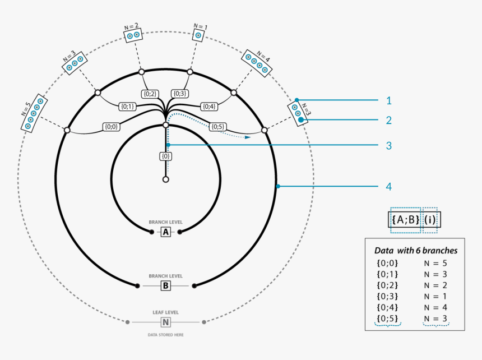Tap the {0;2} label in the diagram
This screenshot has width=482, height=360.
click(150, 94)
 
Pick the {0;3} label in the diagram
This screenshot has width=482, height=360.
click(180, 94)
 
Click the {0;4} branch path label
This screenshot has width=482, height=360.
click(209, 106)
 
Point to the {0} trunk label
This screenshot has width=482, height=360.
click(166, 156)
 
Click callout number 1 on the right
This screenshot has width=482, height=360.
click(388, 101)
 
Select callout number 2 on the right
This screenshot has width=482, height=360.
click(388, 120)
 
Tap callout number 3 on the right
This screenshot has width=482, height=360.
click(388, 146)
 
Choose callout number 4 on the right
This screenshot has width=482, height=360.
click(388, 186)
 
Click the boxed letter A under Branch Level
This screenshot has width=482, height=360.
click(166, 232)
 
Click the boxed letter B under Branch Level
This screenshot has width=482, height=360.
click(166, 286)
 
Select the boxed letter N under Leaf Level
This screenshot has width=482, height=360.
click(166, 322)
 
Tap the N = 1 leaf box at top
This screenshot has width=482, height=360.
click(198, 35)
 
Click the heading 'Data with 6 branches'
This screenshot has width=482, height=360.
click(415, 251)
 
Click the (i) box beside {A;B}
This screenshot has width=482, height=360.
click(430, 220)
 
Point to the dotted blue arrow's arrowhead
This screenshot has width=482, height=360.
click(247, 136)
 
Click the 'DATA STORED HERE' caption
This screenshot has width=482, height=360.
click(165, 335)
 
